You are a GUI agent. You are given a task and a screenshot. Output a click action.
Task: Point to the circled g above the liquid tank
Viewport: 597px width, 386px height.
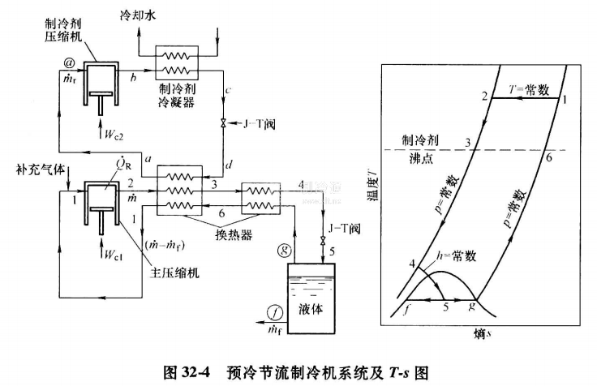click(x=282, y=247)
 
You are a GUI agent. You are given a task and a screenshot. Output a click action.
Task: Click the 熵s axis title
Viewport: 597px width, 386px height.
click(x=480, y=332)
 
